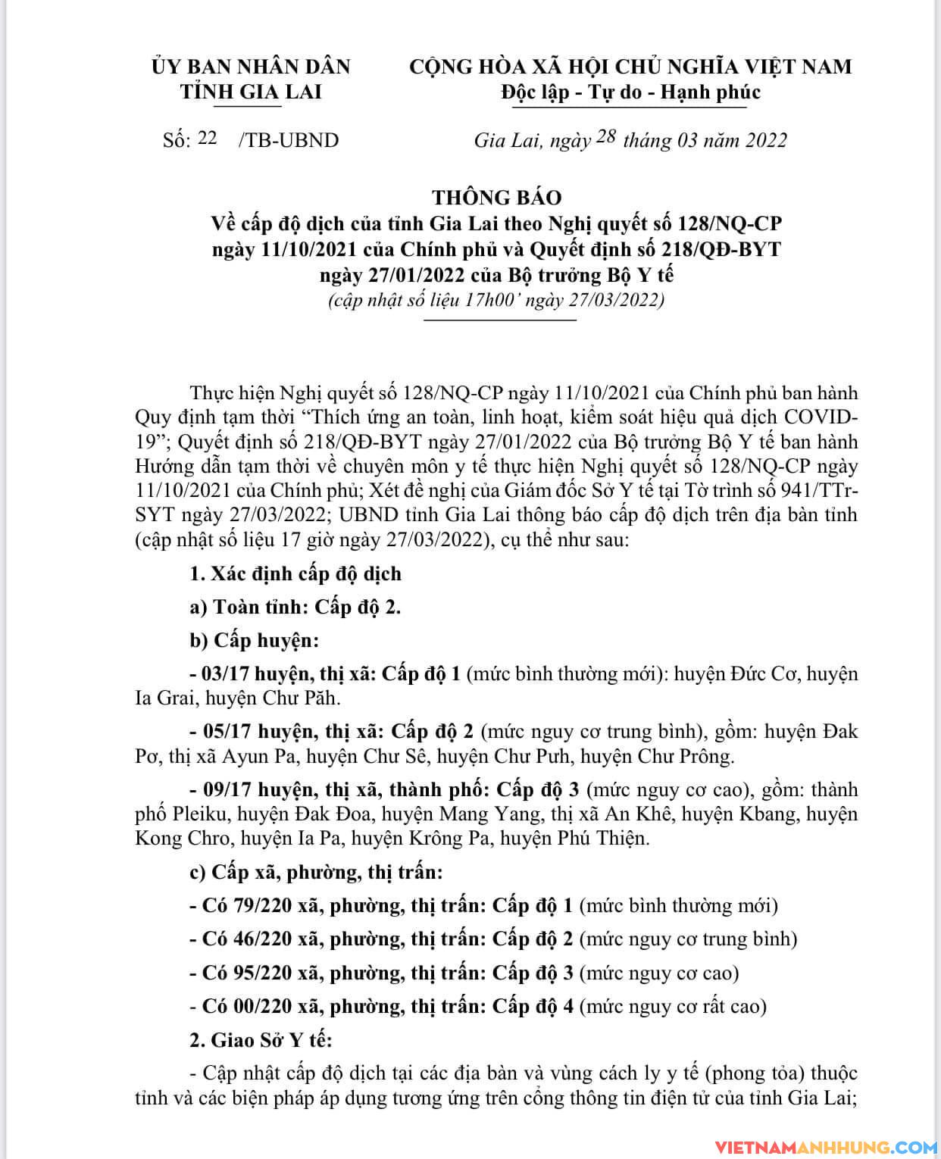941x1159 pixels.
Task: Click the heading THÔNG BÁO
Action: point(497,198)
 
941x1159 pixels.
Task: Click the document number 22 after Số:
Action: point(207,138)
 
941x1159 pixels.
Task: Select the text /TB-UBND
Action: point(289,140)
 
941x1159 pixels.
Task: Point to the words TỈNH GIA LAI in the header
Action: point(251,92)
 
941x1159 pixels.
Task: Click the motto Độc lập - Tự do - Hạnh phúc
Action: point(630,92)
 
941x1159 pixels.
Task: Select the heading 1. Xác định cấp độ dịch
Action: point(295,573)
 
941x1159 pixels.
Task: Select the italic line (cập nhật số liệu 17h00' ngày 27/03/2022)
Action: point(496,300)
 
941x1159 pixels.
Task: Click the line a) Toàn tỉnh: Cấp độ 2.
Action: point(295,607)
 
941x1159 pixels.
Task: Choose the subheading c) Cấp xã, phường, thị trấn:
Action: point(316,872)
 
